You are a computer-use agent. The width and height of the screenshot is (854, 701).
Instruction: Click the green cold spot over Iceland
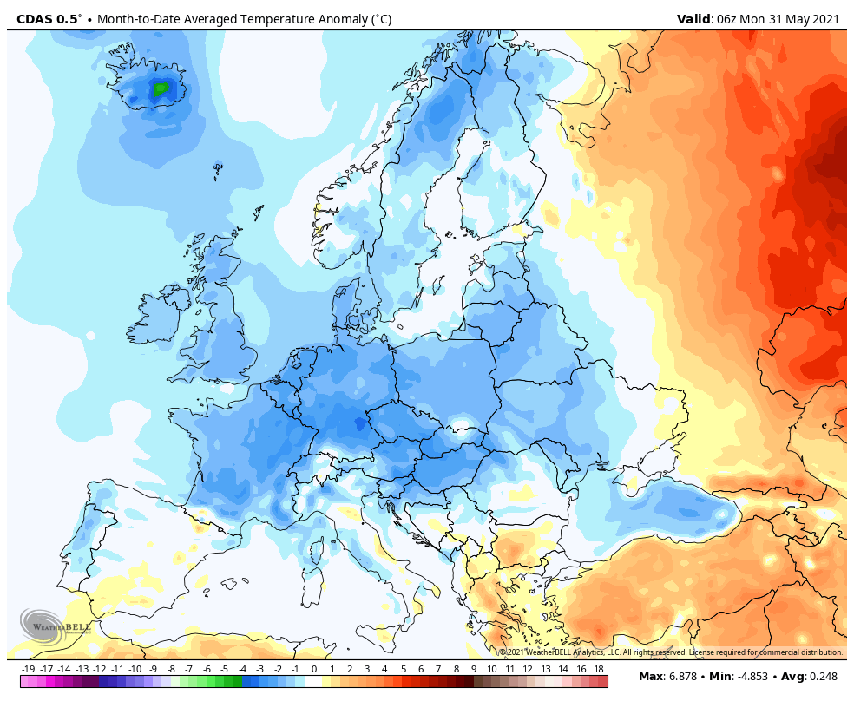(161, 88)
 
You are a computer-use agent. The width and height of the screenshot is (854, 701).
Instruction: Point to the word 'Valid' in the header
(694, 19)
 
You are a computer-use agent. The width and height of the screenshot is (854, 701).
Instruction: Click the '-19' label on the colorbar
(28, 669)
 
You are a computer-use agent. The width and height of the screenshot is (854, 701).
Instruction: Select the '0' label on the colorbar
(314, 669)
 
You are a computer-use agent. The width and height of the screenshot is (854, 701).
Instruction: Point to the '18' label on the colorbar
(599, 669)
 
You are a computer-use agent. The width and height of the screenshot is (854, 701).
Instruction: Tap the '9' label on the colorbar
(474, 669)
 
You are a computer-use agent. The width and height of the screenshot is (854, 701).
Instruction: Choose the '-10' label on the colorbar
(135, 669)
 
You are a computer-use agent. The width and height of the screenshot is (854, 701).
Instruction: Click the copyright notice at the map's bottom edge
(670, 652)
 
